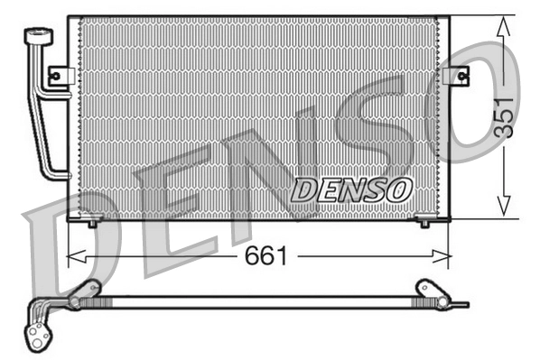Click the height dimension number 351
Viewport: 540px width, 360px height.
pyautogui.click(x=502, y=115)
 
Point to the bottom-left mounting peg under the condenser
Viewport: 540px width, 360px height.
pyautogui.click(x=92, y=221)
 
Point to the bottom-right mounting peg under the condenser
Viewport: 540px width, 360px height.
pyautogui.click(x=425, y=221)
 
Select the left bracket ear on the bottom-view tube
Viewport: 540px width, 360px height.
pyautogui.click(x=87, y=291)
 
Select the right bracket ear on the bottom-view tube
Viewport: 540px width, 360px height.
pyautogui.click(x=425, y=291)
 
